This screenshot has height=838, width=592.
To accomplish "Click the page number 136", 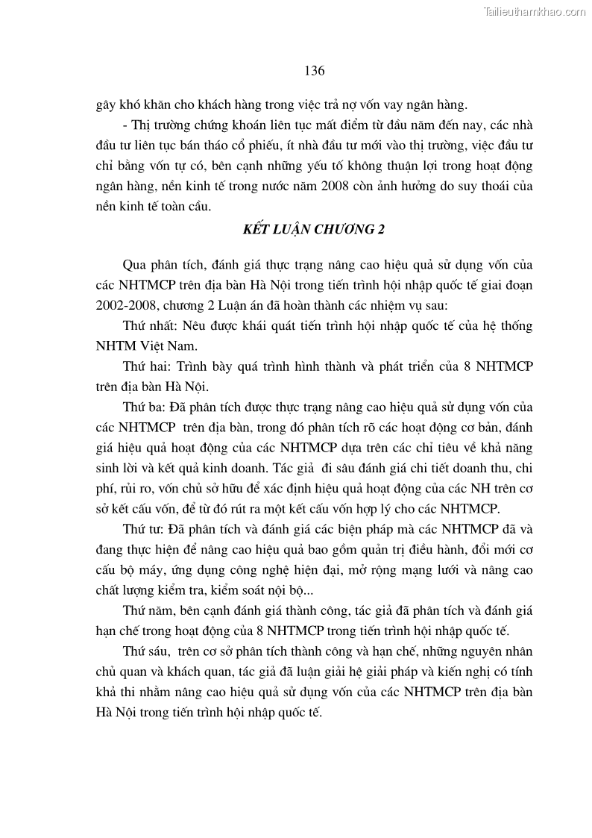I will tap(314, 71).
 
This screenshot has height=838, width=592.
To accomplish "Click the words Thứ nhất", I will tap(145, 326).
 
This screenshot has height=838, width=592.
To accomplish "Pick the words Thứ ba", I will tap(141, 408).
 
